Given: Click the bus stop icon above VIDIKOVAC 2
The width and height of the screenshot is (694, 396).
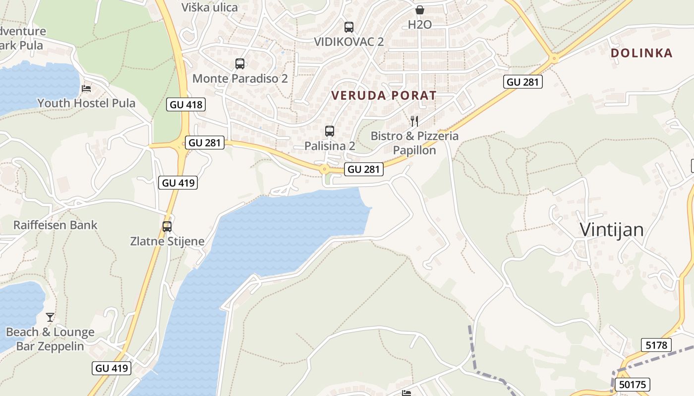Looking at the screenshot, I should pos(349,27).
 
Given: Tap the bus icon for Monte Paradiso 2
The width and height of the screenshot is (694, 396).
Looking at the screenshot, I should pos(240,64).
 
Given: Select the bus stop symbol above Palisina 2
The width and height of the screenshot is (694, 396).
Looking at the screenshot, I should pos(330,131).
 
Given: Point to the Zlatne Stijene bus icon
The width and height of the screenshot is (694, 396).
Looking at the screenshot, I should pos(167,227).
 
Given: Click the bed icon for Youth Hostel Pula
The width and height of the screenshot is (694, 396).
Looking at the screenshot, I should pos(86,89).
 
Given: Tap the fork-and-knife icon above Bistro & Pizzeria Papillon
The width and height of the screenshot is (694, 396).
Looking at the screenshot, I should pos(414,121).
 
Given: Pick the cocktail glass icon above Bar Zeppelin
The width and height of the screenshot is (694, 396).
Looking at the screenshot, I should pos(50,317).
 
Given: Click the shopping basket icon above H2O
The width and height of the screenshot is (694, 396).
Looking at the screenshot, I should pos(420,10).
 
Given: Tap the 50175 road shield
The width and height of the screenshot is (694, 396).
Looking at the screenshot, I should pos(632,385).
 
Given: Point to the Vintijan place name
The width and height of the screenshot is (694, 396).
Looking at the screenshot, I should pos(612,230).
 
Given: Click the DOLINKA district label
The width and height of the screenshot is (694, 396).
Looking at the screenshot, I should pos(641,53).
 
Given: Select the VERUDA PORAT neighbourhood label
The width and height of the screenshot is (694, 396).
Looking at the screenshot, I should pos(384,96).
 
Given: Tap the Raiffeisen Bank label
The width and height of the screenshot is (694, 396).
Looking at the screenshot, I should pos(56,225).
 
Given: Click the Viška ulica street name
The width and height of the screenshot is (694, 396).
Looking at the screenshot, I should pos(210,7).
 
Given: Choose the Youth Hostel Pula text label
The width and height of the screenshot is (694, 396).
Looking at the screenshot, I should pos(86,103).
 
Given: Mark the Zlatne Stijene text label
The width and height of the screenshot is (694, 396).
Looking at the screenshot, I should pos(167,242).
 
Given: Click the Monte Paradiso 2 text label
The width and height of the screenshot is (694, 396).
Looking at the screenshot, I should pos(240,78).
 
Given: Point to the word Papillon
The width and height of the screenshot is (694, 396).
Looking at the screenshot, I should pos(414,150).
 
